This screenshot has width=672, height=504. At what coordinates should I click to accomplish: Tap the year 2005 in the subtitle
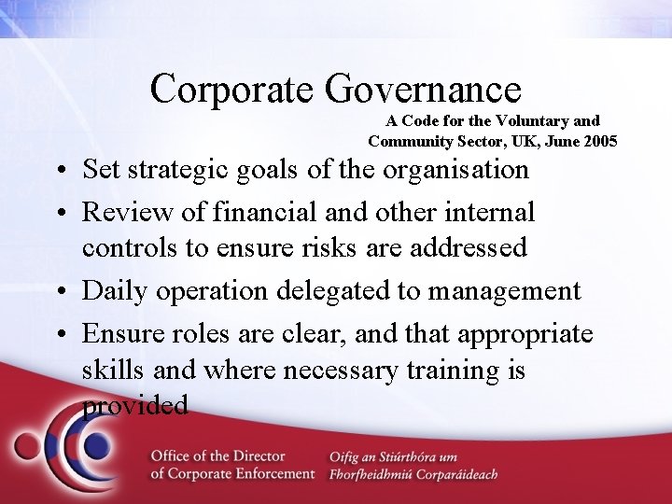click(x=600, y=142)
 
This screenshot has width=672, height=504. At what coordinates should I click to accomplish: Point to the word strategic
click(x=191, y=171)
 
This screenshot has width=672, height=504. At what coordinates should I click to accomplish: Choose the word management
click(x=504, y=291)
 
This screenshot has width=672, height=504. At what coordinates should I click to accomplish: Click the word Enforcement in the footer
click(x=269, y=473)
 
